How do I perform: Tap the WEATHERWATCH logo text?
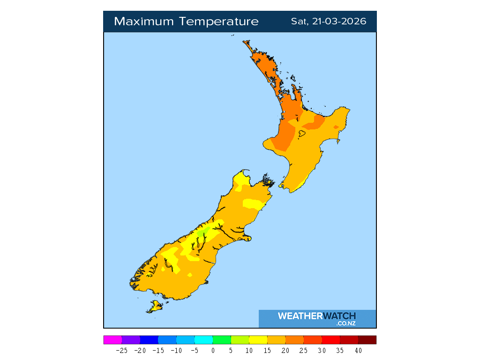317,316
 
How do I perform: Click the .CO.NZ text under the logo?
346,323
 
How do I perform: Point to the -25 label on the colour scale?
122,350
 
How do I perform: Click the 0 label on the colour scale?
213,350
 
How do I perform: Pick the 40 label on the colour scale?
358,350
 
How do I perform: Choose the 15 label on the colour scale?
267,350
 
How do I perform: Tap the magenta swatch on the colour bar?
112,340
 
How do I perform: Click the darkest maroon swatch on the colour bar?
367,340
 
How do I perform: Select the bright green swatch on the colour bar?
222,340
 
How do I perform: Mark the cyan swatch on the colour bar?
203,340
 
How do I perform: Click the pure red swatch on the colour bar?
331,340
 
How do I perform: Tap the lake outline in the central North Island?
302,134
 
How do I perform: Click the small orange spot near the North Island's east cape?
336,127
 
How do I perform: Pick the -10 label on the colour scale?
176,350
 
